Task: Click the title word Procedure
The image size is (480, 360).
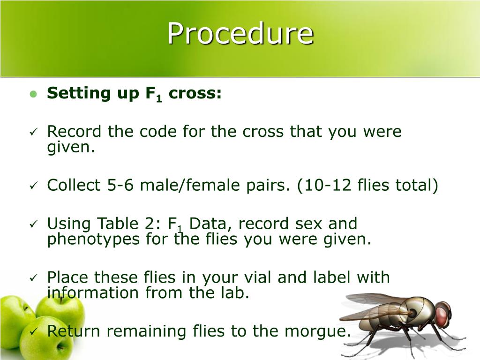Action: (x=240, y=34)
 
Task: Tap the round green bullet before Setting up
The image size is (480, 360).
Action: (x=33, y=94)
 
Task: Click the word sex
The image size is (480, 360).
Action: (x=308, y=224)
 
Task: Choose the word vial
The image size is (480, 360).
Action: (x=256, y=277)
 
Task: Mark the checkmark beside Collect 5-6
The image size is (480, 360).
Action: (x=33, y=186)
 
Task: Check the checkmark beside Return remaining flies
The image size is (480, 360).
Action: (x=33, y=332)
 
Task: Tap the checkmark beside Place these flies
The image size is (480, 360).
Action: (x=33, y=278)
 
